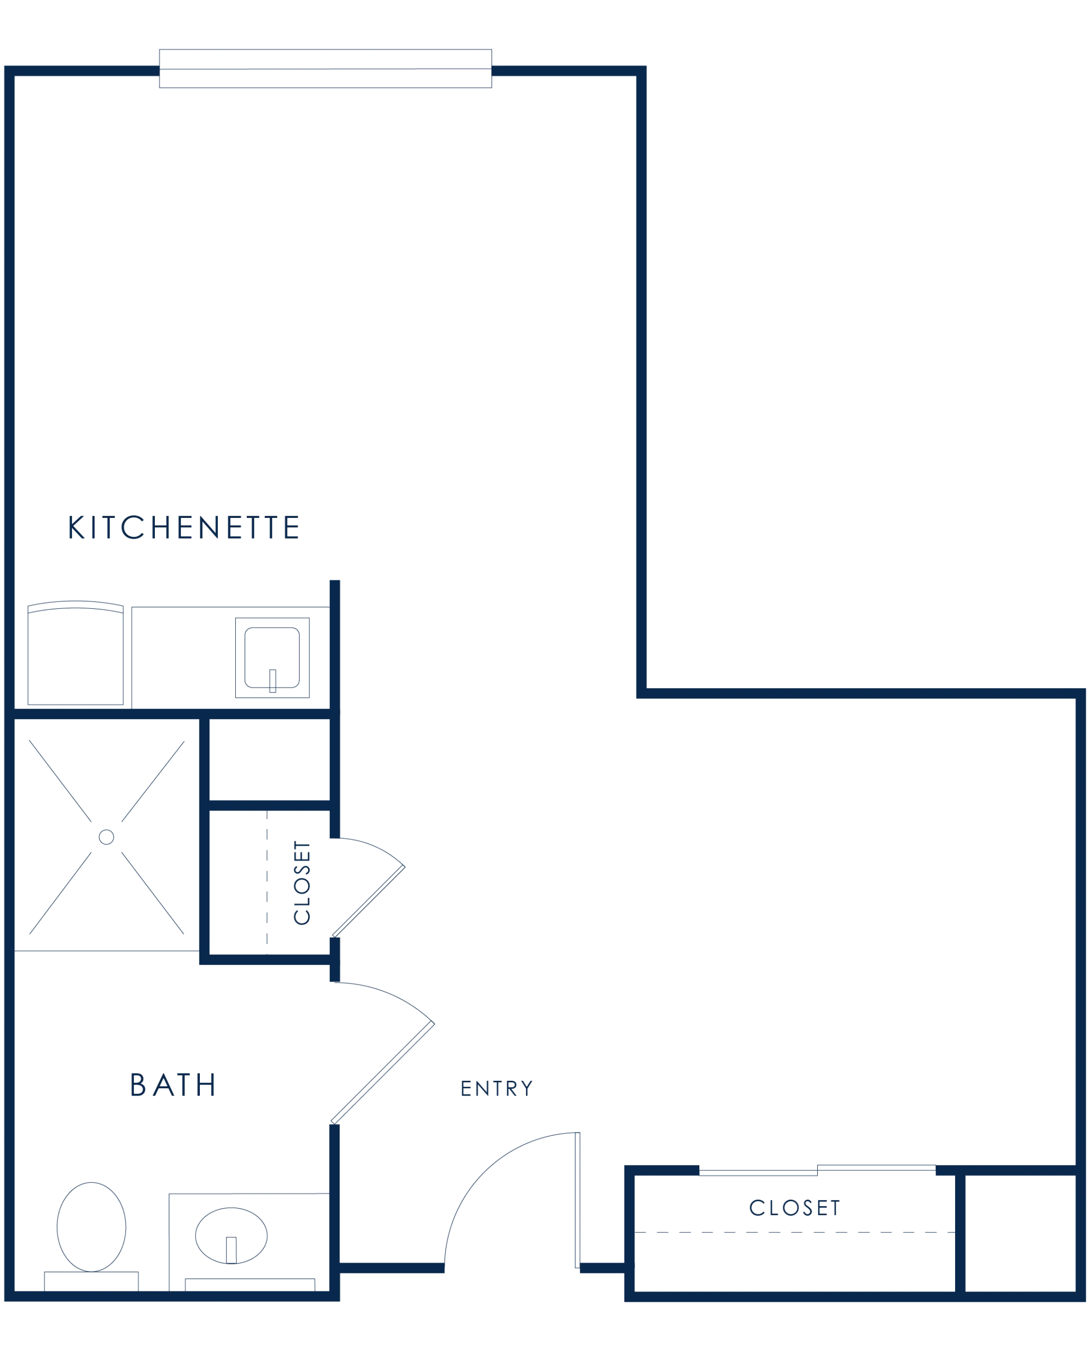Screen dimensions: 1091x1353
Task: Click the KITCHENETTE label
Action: pyautogui.click(x=183, y=527)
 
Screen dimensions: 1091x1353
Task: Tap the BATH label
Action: pyautogui.click(x=173, y=1084)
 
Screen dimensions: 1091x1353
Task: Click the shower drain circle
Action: pyautogui.click(x=106, y=837)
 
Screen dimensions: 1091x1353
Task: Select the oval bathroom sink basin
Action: pyautogui.click(x=232, y=1236)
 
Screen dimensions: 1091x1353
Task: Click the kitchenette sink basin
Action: pyautogui.click(x=272, y=657)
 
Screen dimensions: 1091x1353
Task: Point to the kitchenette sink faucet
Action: pyautogui.click(x=273, y=681)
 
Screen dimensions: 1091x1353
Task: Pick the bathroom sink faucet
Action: pyautogui.click(x=232, y=1250)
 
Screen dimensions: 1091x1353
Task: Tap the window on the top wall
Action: pyautogui.click(x=326, y=69)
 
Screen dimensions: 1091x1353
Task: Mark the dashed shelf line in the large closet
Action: pyautogui.click(x=795, y=1232)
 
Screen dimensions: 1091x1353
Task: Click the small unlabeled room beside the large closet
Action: pyautogui.click(x=1021, y=1233)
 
